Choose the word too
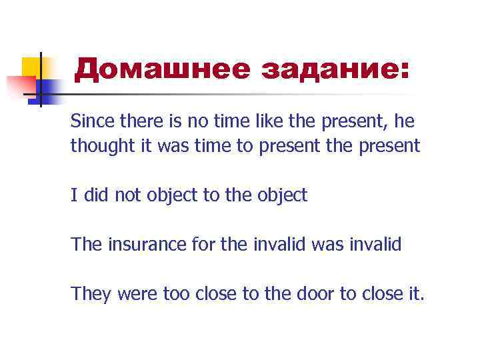[x=175, y=294]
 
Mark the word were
[x=138, y=294]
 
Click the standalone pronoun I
[x=73, y=195]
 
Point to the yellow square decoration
[x=31, y=67]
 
